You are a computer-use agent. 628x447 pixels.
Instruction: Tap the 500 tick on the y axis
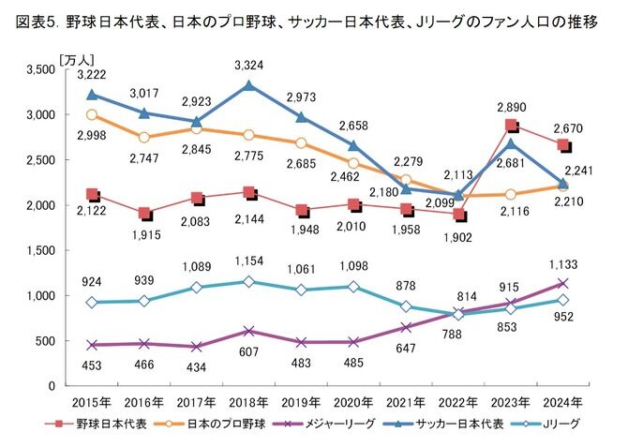click(44, 341)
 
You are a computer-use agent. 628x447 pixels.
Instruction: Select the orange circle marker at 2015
click(91, 114)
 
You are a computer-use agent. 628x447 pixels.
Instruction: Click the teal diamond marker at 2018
click(247, 281)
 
